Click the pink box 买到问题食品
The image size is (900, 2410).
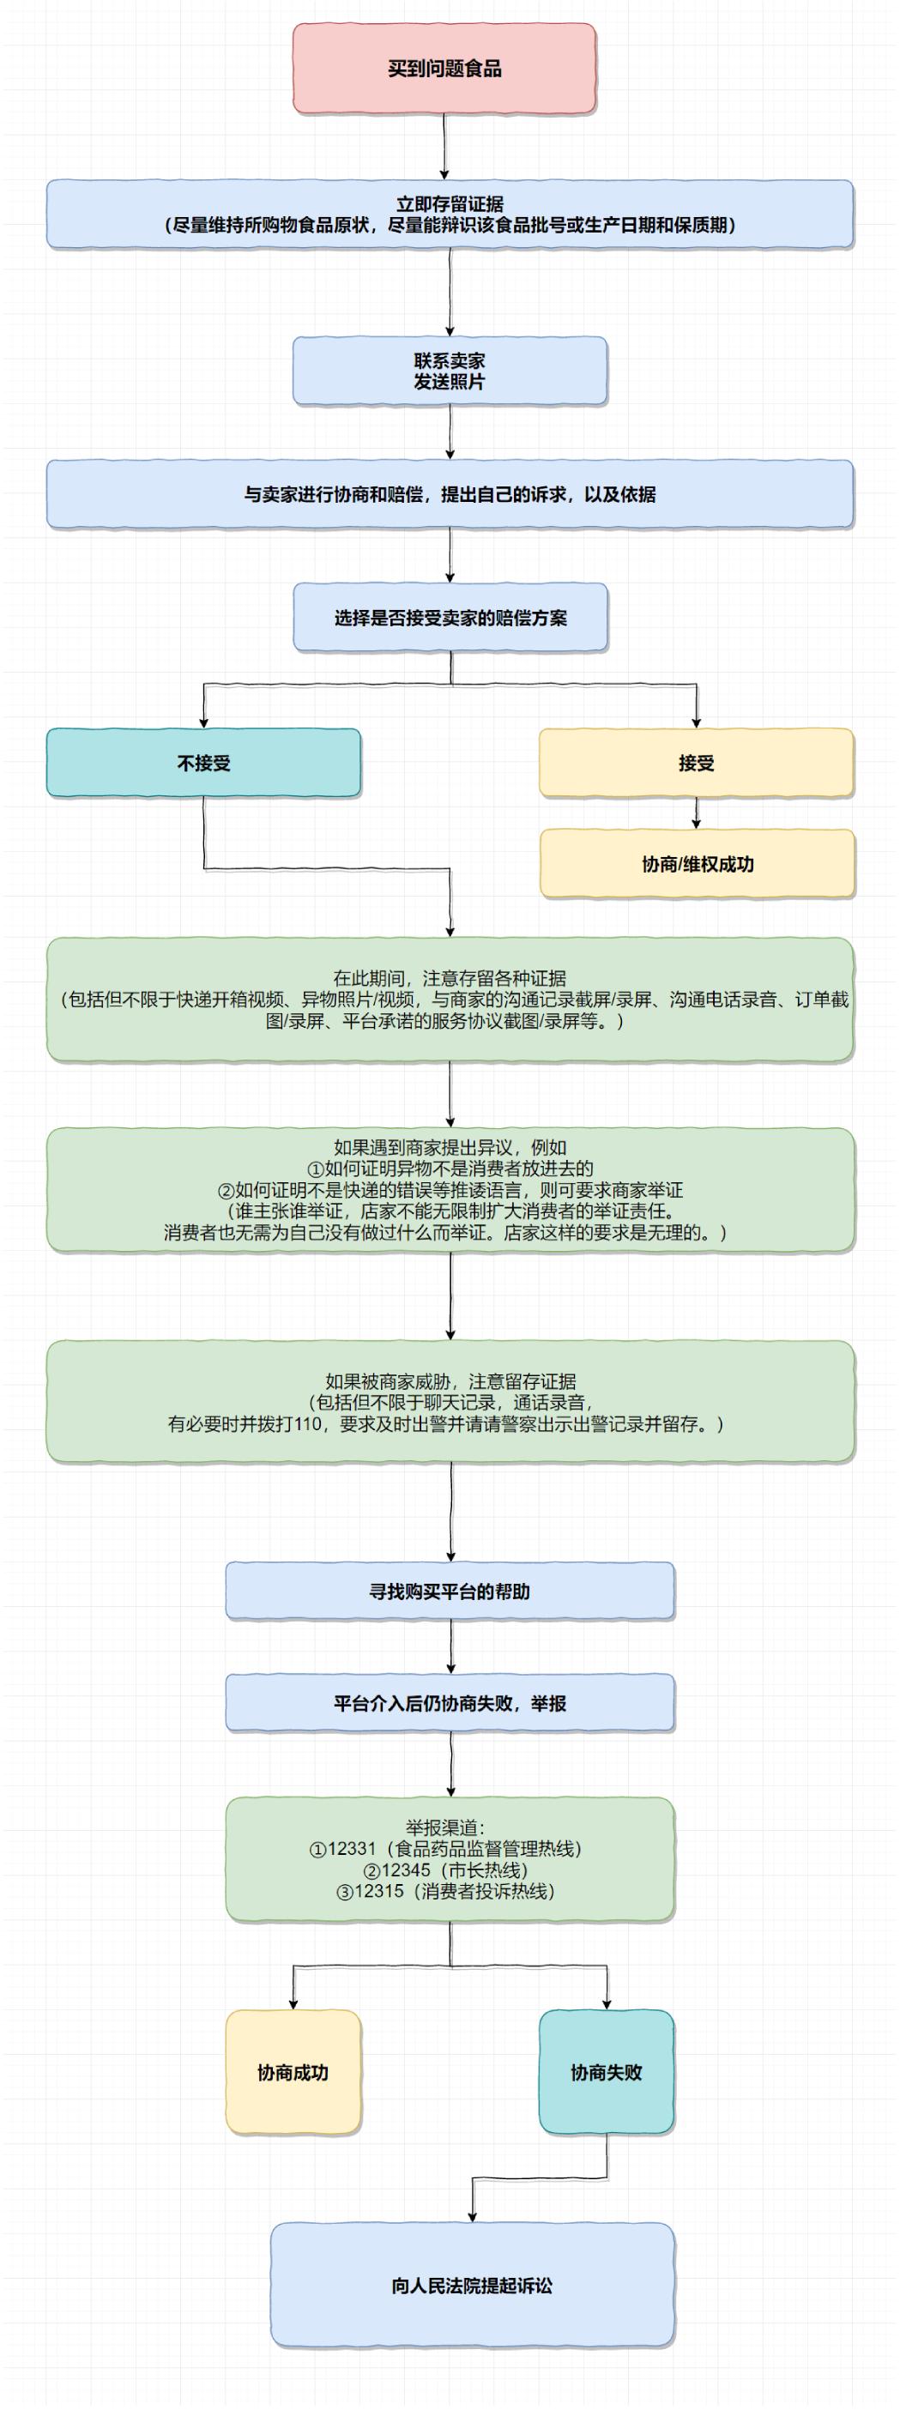point(444,69)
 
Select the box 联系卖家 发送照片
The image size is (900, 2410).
point(449,371)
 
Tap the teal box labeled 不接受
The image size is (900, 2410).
point(203,763)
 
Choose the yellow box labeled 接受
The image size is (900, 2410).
point(696,763)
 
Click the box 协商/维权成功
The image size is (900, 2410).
point(697,863)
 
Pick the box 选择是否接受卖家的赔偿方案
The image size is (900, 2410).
point(450,618)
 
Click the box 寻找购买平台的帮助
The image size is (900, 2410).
point(449,1591)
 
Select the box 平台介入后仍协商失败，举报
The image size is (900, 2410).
point(449,1703)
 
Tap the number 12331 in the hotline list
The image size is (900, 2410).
point(352,1848)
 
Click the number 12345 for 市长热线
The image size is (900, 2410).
point(406,1869)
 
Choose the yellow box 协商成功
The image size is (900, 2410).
point(293,2072)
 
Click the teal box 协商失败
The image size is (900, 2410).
point(607,2072)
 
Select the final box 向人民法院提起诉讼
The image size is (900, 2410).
point(472,2285)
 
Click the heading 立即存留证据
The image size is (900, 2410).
point(449,203)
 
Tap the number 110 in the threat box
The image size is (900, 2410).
point(308,1424)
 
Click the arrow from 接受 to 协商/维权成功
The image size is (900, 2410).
point(696,812)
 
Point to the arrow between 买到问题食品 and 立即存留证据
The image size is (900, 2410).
point(444,146)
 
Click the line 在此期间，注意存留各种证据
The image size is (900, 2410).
point(449,978)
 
